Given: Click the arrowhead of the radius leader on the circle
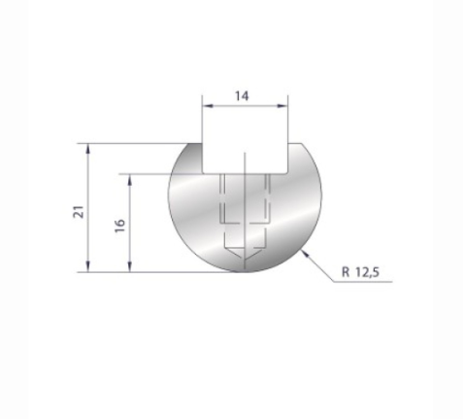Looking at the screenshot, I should [306, 252].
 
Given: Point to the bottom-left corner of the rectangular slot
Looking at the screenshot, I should [202, 173].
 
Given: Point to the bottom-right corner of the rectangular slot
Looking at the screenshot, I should [289, 173].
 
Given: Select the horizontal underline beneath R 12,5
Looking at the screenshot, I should [365, 281].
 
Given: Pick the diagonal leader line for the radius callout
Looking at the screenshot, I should [322, 265].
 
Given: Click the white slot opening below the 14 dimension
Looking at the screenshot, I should [245, 146].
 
